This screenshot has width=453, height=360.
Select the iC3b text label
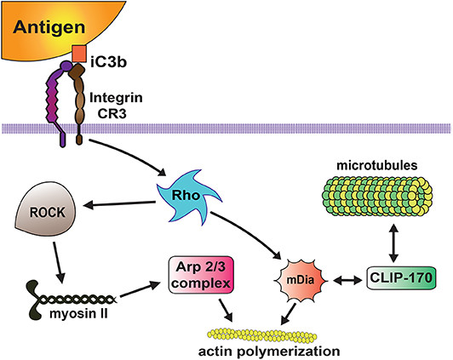110,60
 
